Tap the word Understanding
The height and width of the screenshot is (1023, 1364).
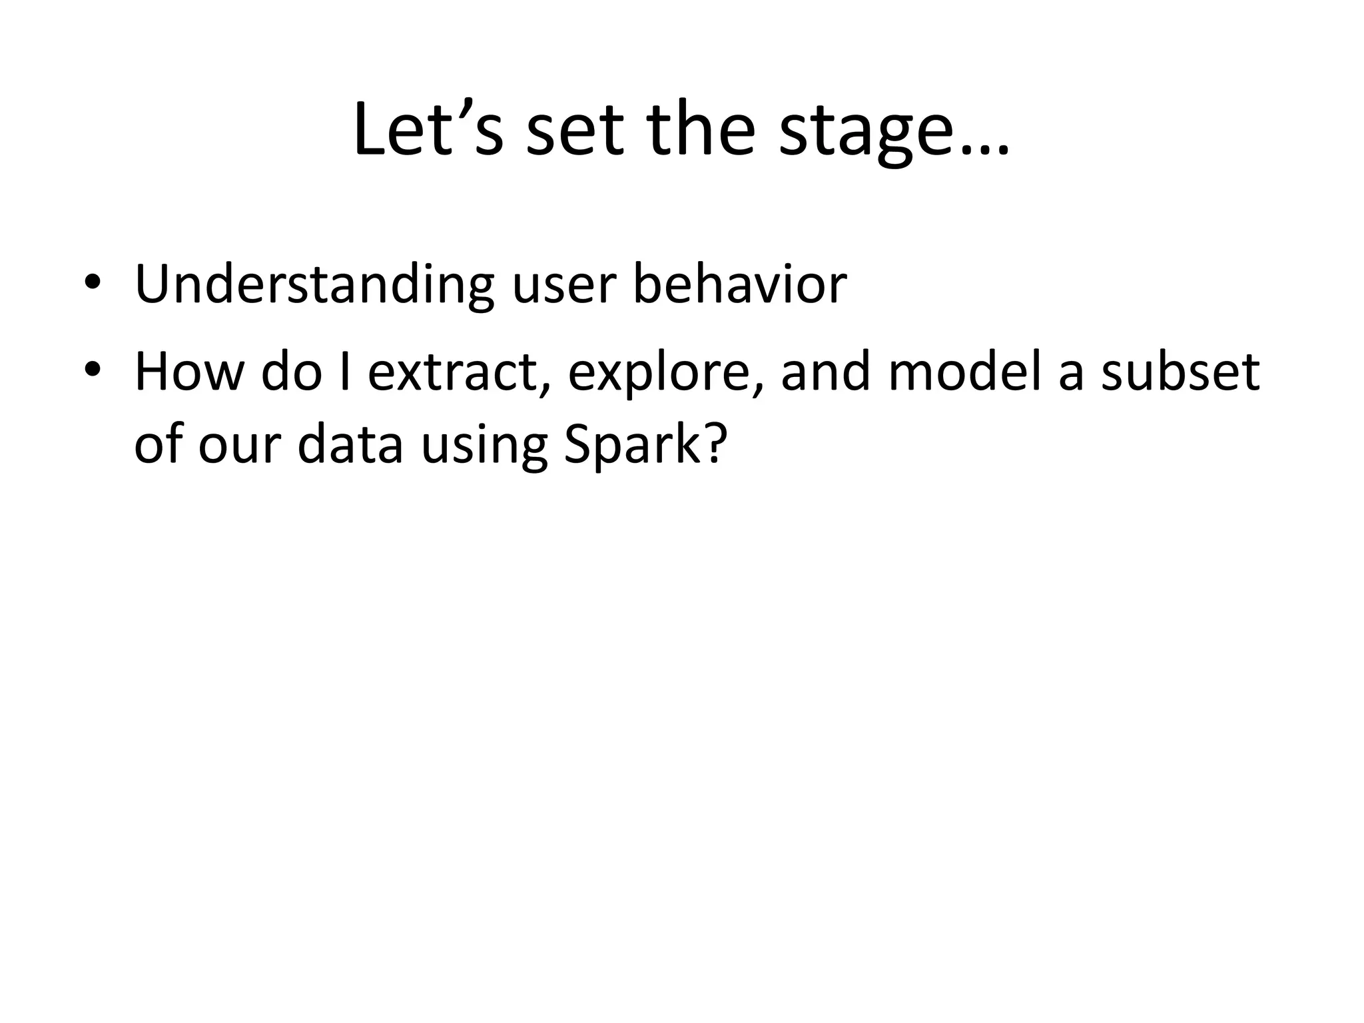coord(314,284)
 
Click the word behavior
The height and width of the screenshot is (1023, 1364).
coord(739,284)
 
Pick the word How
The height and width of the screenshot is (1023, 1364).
coord(189,372)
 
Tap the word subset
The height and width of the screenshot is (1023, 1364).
coord(1180,372)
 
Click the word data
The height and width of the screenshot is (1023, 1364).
coord(350,444)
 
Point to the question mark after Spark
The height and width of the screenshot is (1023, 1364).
coord(713,444)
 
